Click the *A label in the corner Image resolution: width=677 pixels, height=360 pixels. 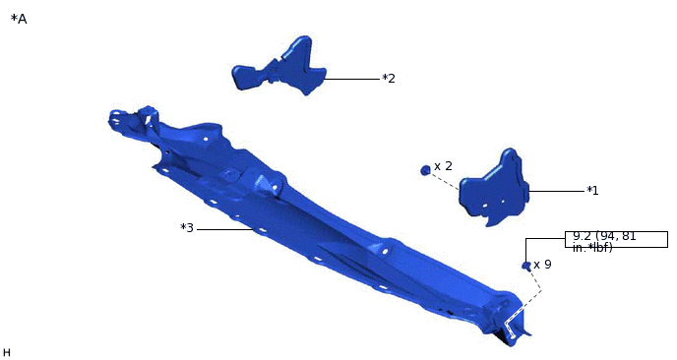point(19,19)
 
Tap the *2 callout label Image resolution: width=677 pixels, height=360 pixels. point(389,78)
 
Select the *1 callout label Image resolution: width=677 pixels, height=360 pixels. point(592,191)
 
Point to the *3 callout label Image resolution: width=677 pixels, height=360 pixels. point(187,228)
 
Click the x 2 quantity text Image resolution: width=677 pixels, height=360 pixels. point(443,166)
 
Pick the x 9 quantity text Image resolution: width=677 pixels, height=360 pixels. point(543,265)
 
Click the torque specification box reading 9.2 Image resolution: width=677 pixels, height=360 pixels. point(616,240)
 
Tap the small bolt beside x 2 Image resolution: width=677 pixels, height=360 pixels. point(425,170)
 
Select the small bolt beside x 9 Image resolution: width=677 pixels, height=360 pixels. point(525,266)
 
